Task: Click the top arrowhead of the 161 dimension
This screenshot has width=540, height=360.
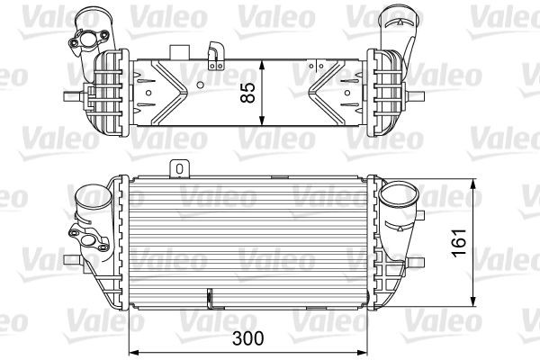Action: coord(474,184)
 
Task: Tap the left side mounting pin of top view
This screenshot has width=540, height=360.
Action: coord(70,95)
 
